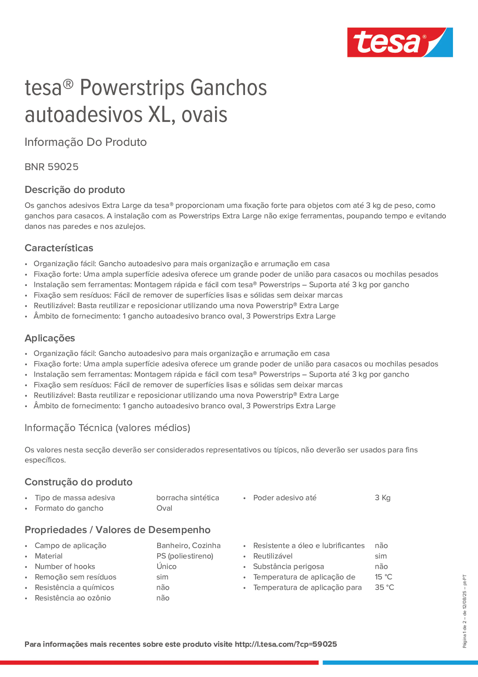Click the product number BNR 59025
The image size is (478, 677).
click(x=52, y=167)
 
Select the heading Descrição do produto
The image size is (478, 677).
click(x=74, y=190)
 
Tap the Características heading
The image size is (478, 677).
click(x=59, y=248)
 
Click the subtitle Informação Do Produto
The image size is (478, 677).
click(x=85, y=142)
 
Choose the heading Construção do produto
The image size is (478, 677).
click(x=78, y=482)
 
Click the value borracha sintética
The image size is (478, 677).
click(x=187, y=498)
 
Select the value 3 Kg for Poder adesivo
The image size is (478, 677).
click(x=382, y=498)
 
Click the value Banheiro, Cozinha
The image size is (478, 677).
click(x=188, y=545)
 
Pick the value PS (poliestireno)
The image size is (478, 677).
click(x=184, y=556)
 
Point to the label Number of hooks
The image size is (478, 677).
click(x=65, y=566)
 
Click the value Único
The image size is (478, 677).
click(x=166, y=566)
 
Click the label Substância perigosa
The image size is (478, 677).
click(x=288, y=566)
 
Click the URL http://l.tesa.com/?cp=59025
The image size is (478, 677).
click(x=285, y=644)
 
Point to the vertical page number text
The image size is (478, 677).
click(x=464, y=611)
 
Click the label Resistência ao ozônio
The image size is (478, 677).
click(x=72, y=598)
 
